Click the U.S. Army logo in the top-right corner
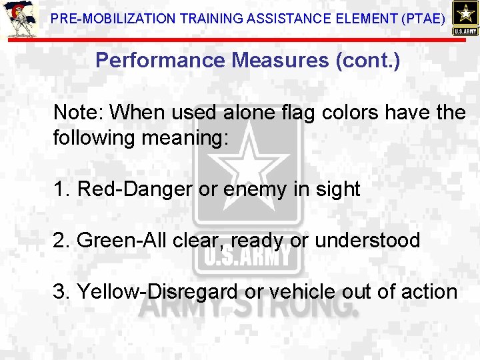click(x=465, y=18)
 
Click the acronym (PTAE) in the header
click(x=423, y=19)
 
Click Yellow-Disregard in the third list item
click(x=157, y=291)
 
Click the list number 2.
click(x=61, y=240)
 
